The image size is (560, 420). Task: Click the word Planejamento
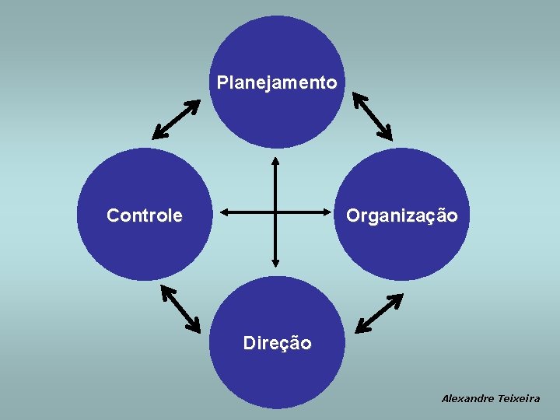[277, 82]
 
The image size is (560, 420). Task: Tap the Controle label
[145, 215]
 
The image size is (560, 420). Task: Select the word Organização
[402, 215]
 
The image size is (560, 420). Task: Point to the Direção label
[277, 343]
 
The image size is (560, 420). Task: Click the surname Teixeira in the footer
[520, 398]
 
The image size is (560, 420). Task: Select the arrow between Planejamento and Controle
[176, 119]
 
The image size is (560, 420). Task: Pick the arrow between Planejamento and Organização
[373, 115]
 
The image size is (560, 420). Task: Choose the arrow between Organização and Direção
[378, 313]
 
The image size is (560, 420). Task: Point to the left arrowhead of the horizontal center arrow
[225, 211]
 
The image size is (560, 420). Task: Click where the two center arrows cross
[275, 211]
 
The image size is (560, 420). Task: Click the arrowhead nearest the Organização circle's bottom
[396, 299]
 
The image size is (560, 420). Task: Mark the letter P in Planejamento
[222, 82]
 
